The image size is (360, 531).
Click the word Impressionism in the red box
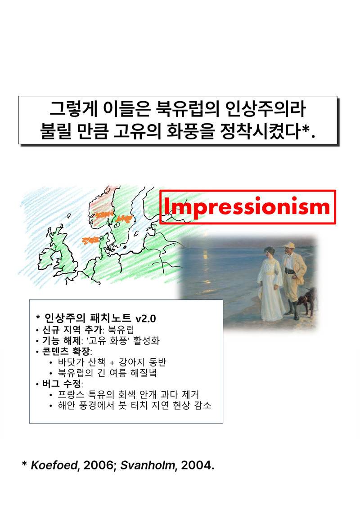247,207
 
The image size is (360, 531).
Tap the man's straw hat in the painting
288,245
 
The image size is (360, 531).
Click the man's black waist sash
289,272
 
